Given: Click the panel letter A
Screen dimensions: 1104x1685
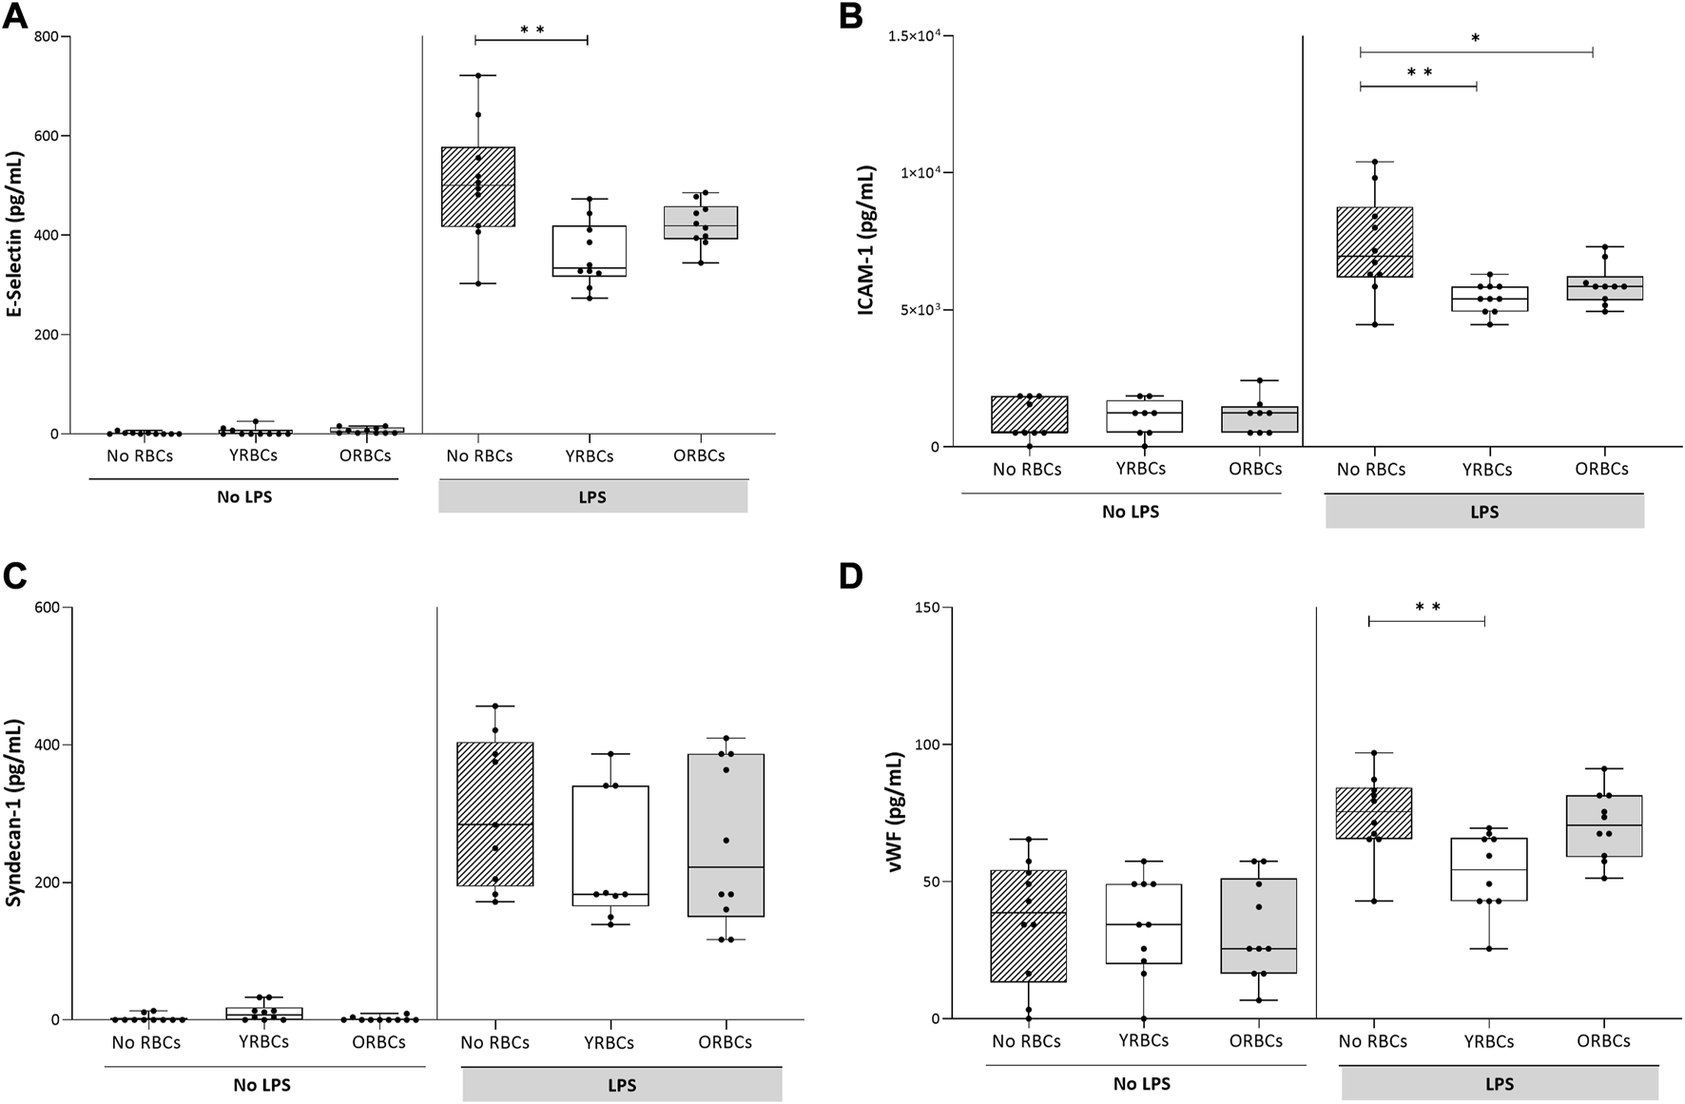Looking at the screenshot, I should click(17, 16).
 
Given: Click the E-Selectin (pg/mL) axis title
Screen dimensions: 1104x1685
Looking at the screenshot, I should click(15, 235).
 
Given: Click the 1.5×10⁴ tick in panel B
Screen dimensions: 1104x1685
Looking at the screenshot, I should click(911, 36).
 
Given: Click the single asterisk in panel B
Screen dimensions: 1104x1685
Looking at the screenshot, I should click(1475, 39).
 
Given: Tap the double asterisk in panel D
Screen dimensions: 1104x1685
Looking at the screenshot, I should click(1427, 608).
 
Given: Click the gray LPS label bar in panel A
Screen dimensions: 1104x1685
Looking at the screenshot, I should click(592, 497).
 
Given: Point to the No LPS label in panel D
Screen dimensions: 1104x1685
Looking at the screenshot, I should click(1141, 1084).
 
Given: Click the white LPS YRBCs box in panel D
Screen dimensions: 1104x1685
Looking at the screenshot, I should click(1489, 869).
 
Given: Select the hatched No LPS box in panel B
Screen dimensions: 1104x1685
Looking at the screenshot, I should click(1029, 415).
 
